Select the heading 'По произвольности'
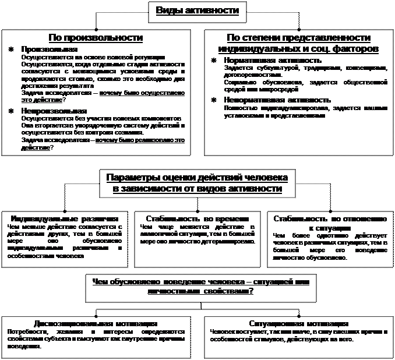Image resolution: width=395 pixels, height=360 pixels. [x=96, y=37]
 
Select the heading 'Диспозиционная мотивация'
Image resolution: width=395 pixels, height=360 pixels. [x=95, y=323]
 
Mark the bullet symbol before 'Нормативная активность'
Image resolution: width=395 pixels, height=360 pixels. [x=213, y=60]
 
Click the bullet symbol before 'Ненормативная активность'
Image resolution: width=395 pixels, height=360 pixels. [x=213, y=100]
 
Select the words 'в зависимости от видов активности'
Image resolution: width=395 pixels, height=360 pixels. [x=197, y=189]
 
